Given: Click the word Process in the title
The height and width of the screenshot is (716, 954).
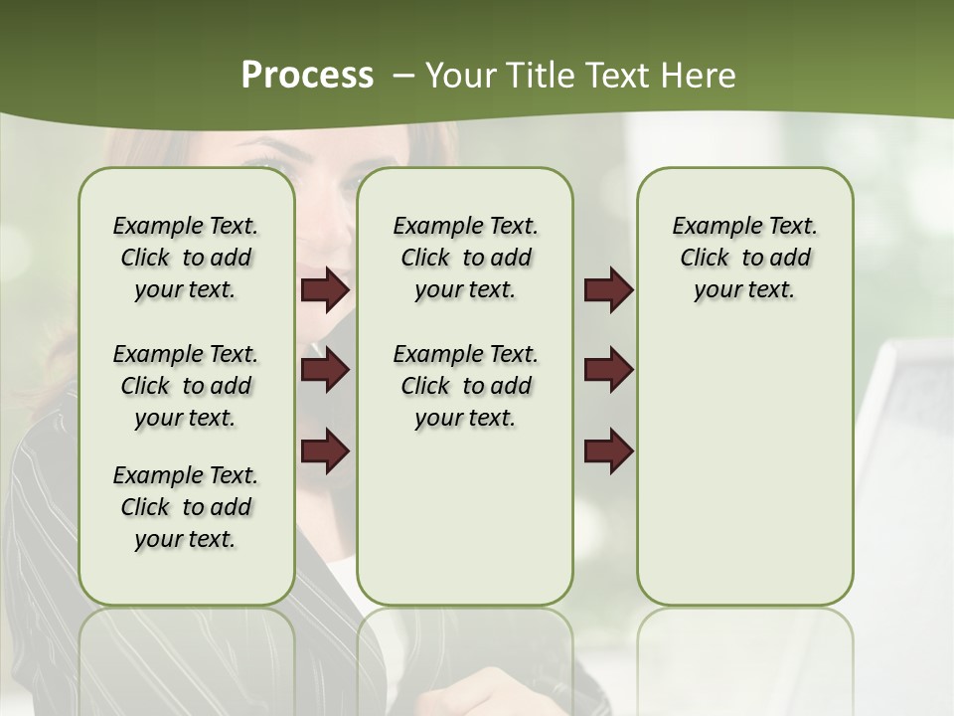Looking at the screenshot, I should tap(307, 75).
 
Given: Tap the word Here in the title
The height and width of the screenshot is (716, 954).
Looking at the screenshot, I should tap(701, 75).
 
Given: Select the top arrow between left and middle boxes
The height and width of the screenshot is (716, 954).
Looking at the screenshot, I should tap(325, 290).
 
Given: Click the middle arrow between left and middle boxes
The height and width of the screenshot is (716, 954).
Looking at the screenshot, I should tap(325, 370).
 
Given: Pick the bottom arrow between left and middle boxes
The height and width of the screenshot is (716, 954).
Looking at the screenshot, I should tap(325, 450).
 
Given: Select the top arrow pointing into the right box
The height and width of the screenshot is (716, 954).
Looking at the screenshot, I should tap(608, 290).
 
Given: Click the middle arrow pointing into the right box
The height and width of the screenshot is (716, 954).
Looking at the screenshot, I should tap(608, 370).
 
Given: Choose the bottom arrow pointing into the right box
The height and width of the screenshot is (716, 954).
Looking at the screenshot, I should tap(608, 450).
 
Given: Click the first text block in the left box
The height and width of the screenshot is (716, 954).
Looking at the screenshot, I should tap(186, 258).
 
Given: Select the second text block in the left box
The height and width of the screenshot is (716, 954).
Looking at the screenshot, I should tap(186, 386).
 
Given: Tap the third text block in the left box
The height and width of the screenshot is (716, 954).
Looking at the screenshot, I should tap(186, 507).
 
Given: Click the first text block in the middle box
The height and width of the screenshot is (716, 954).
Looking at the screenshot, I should tap(465, 258).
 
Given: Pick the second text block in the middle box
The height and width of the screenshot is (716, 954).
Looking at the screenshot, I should tap(465, 386).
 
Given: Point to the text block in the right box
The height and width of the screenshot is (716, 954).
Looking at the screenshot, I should tap(744, 258).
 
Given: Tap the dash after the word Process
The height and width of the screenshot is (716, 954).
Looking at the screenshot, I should tap(403, 76).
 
